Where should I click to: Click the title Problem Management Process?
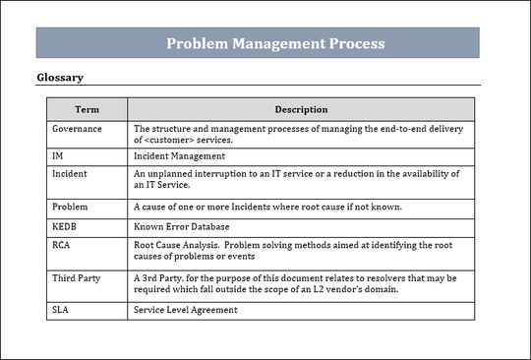(x=274, y=43)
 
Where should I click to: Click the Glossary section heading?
(x=60, y=77)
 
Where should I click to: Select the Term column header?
(x=87, y=109)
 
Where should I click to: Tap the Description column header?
(x=301, y=109)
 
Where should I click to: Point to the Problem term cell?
(x=70, y=207)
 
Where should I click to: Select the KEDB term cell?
(x=65, y=225)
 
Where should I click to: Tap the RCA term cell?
(x=62, y=244)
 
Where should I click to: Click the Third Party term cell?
(x=76, y=278)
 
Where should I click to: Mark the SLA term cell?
(x=61, y=311)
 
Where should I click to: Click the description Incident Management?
(x=177, y=155)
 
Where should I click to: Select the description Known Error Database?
(x=183, y=225)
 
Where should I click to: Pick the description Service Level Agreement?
(x=185, y=311)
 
